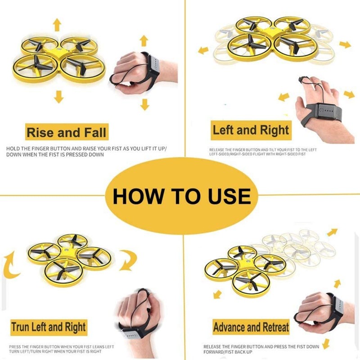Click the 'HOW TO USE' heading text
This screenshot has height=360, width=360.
click(181, 196)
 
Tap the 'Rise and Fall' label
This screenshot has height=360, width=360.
click(66, 133)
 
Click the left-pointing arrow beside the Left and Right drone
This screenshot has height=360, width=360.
click(203, 49)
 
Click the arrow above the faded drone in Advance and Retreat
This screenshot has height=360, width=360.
click(332, 232)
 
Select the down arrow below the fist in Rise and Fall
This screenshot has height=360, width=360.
click(144, 105)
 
